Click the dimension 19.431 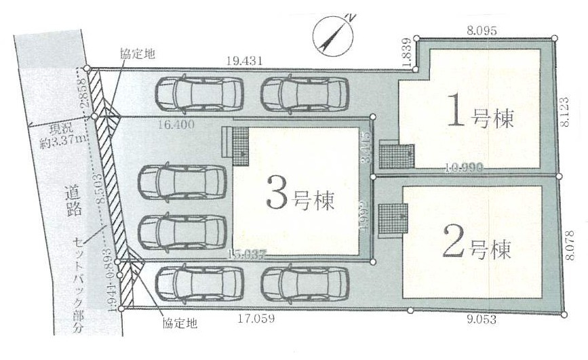click(243, 60)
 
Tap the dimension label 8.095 click(482, 30)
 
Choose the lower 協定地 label click(179, 324)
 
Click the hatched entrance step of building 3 click(239, 145)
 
